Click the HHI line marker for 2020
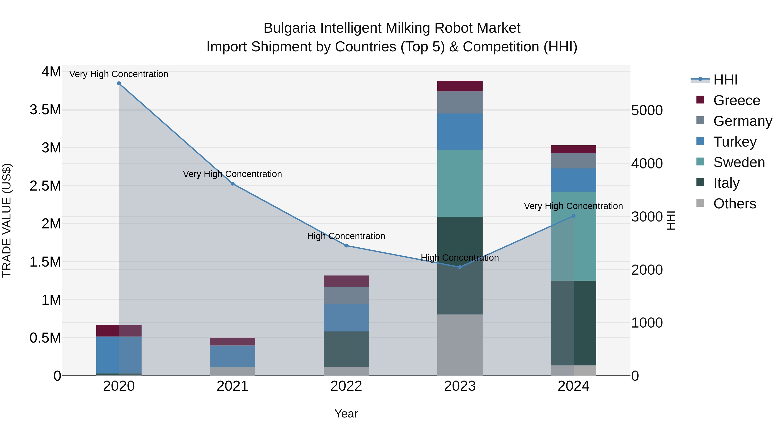[x=119, y=83]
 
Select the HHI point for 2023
[x=460, y=267]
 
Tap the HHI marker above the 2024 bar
[x=573, y=216]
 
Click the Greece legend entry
[x=737, y=100]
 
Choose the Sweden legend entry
[x=739, y=162]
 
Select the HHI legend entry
[x=725, y=80]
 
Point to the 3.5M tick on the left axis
[x=45, y=110]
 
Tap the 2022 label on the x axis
[x=346, y=386]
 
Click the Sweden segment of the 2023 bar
[x=460, y=183]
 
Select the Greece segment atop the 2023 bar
[x=460, y=86]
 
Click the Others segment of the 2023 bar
[x=460, y=345]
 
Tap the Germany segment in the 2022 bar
[x=346, y=295]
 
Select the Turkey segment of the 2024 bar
[x=573, y=180]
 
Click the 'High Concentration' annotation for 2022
[x=346, y=236]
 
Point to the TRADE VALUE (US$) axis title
[x=7, y=220]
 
